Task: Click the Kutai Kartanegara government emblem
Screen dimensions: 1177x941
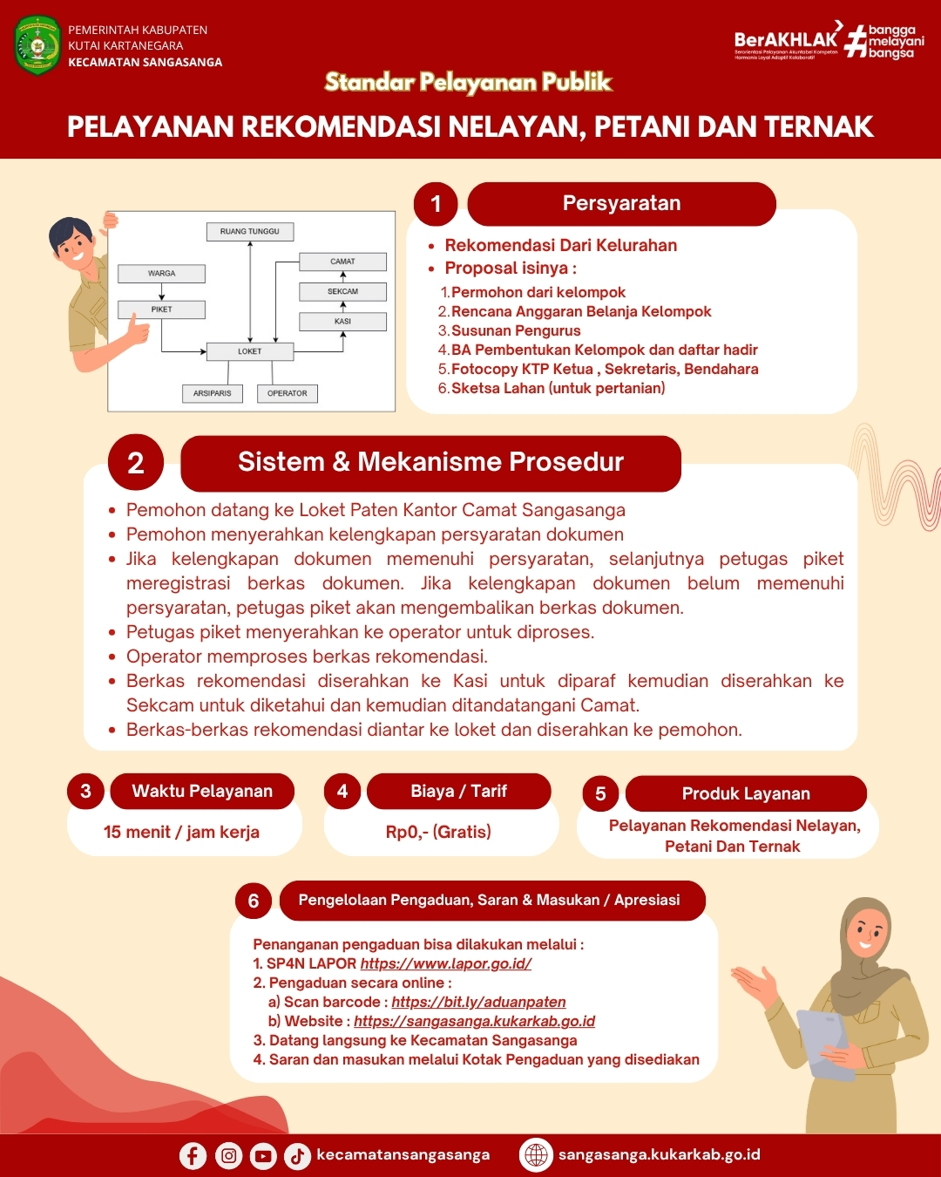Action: tap(37, 45)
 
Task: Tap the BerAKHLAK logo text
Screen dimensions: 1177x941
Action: tap(785, 39)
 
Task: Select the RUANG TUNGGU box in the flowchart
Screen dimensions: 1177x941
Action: tap(250, 232)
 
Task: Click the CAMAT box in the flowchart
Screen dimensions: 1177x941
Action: tap(342, 262)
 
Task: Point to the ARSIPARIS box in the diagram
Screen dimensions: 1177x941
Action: tap(213, 393)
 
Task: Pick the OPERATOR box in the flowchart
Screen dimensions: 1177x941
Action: tap(288, 393)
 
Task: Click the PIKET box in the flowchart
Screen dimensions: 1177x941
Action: tap(162, 310)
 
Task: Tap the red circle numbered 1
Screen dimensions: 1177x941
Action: tap(436, 204)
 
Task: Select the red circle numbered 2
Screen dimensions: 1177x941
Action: tap(136, 462)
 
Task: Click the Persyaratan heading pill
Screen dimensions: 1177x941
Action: tap(621, 204)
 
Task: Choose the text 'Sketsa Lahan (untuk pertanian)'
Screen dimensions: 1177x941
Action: tap(558, 388)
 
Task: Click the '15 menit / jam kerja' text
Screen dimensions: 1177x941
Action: tap(181, 832)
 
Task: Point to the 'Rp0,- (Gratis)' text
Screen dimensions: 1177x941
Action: tap(438, 832)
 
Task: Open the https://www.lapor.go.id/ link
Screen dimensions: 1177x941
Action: tap(445, 963)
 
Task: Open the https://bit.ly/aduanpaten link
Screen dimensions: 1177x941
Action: tap(478, 1002)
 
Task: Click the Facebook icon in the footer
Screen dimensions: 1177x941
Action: tap(193, 1155)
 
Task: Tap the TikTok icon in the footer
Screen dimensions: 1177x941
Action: tap(297, 1155)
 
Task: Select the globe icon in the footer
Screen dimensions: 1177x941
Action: tap(536, 1154)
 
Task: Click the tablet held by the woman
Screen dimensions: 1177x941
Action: tap(824, 1042)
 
